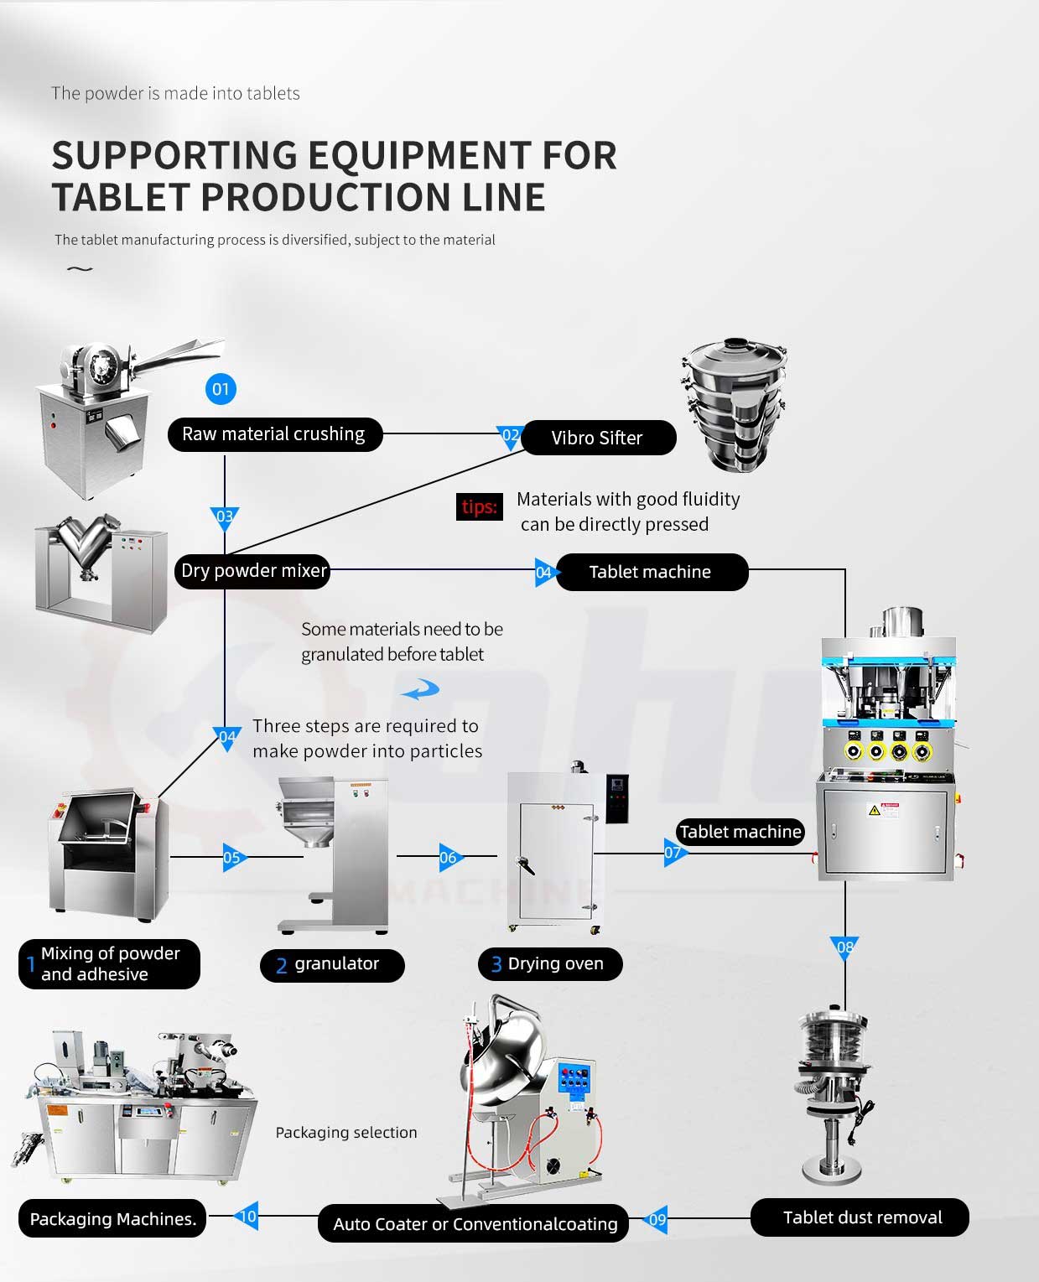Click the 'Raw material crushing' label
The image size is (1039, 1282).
274,434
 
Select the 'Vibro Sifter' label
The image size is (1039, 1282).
597,438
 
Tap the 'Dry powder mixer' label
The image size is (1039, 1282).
253,571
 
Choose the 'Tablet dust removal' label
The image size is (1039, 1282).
861,1217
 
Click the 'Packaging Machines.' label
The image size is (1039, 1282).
113,1219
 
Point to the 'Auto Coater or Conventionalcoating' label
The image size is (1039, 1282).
475,1224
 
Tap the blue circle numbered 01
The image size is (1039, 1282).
221,389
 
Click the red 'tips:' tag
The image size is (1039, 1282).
480,506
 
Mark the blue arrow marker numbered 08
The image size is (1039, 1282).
845,948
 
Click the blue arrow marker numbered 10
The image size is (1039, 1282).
248,1217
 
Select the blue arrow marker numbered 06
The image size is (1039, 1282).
449,857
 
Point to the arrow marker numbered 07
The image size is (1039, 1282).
673,854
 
